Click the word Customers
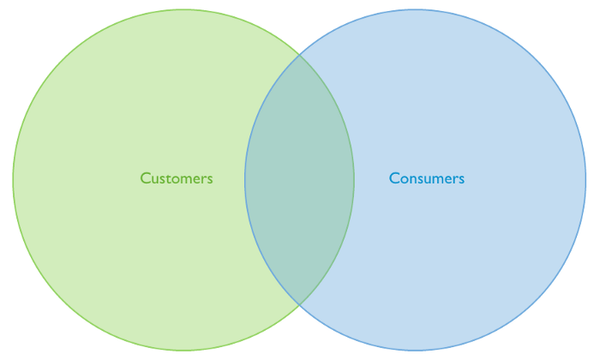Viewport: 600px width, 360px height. pyautogui.click(x=176, y=179)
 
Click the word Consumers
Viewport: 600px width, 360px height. pyautogui.click(x=426, y=179)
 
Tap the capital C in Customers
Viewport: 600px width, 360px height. pyautogui.click(x=145, y=179)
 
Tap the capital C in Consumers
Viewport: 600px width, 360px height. pyautogui.click(x=393, y=179)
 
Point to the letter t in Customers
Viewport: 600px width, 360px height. pyautogui.click(x=169, y=179)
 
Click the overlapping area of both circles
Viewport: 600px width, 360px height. pyautogui.click(x=299, y=180)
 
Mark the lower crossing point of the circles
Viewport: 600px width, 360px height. pyautogui.click(x=299, y=304)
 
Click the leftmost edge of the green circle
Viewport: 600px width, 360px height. pyautogui.click(x=13, y=180)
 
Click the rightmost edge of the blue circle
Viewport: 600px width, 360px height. pyautogui.click(x=586, y=180)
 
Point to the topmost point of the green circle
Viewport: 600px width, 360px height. pyautogui.click(x=183, y=10)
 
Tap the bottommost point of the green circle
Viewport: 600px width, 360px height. pyautogui.click(x=183, y=350)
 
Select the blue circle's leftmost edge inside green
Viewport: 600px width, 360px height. pyautogui.click(x=245, y=180)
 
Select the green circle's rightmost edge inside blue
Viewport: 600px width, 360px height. pyautogui.click(x=354, y=180)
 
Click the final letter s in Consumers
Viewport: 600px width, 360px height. pyautogui.click(x=461, y=180)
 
